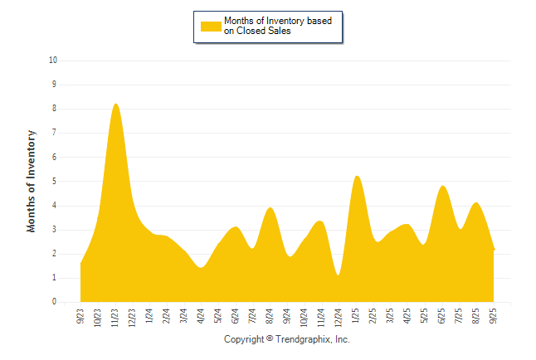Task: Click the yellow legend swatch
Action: point(210,27)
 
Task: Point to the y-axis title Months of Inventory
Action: point(32,181)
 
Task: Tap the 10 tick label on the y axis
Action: point(53,61)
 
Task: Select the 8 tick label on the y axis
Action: point(55,109)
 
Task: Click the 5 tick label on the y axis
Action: point(55,182)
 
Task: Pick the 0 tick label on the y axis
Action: point(55,303)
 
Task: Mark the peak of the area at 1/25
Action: point(356,177)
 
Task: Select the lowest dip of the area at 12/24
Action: point(339,275)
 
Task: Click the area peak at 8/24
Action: point(270,208)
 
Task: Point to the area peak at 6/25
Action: point(442,187)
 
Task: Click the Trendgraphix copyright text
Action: point(287,339)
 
